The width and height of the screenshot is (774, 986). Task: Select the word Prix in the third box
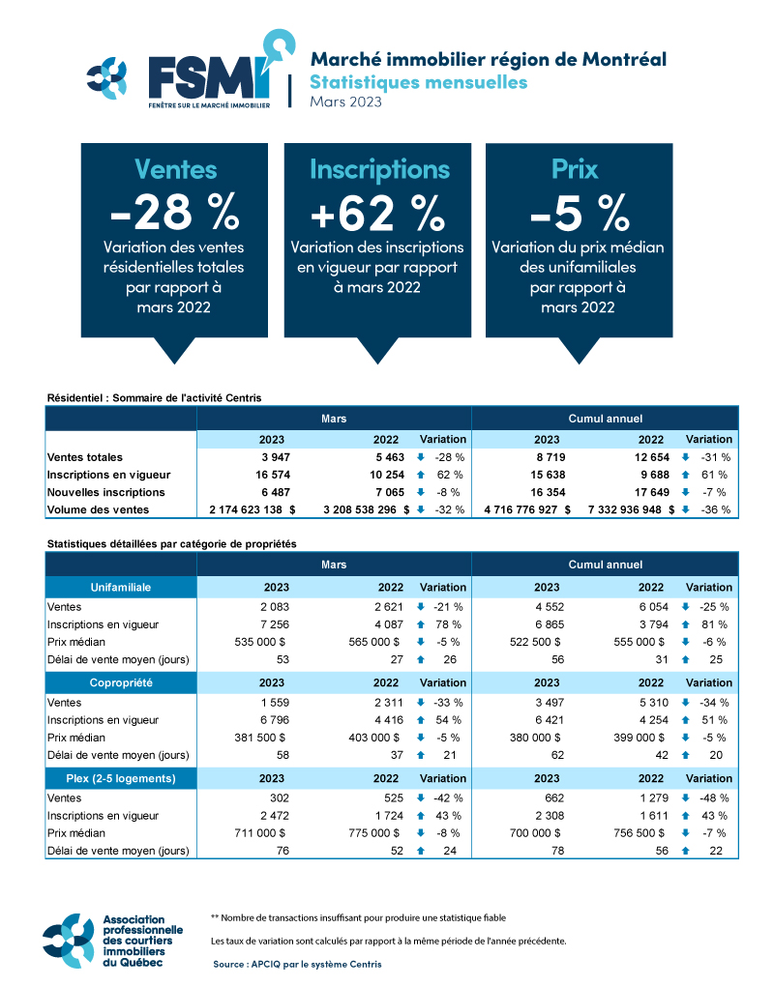click(575, 169)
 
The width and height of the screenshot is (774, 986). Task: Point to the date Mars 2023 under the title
click(345, 101)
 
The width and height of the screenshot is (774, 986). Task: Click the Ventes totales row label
click(85, 456)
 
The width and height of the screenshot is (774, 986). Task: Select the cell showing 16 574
click(269, 475)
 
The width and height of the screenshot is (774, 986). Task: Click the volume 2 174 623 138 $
click(253, 509)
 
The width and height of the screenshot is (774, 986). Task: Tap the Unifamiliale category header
click(121, 587)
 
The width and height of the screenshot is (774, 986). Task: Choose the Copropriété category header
click(121, 681)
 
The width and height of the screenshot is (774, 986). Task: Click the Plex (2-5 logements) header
click(121, 777)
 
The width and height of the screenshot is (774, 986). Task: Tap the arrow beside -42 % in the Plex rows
click(421, 797)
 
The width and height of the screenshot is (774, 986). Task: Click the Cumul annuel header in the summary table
click(604, 419)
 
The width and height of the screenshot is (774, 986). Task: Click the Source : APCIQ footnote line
click(297, 964)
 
